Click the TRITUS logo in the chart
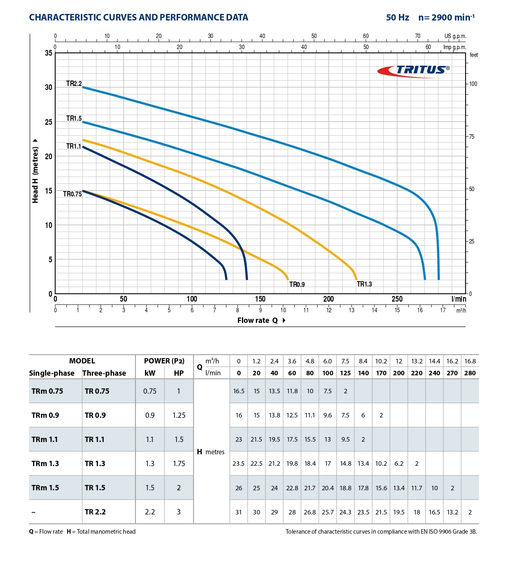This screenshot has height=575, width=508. (413, 70)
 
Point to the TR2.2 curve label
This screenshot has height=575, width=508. (74, 83)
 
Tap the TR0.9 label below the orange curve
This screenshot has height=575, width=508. (297, 284)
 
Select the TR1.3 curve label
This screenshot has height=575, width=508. (364, 284)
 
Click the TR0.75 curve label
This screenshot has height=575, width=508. (72, 194)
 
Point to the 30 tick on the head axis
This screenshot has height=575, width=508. (49, 87)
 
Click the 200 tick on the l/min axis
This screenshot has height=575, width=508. (328, 299)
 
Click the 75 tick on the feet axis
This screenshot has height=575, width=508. (472, 137)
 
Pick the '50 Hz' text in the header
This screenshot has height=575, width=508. (397, 18)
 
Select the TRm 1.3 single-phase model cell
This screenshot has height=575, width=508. (45, 464)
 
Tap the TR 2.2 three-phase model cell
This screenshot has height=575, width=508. (95, 512)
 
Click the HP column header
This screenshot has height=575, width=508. (179, 373)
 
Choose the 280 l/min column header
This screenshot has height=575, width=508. (470, 373)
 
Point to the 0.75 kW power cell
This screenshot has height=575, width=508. (150, 391)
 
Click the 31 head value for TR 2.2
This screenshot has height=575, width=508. (239, 512)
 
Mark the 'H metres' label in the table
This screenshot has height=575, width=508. (211, 452)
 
